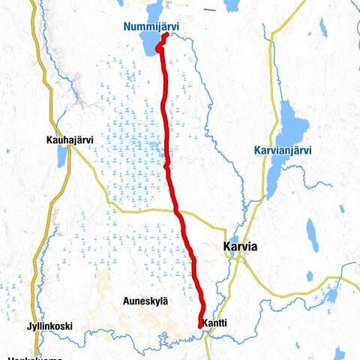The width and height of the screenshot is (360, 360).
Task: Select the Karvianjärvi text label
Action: tap(282, 151)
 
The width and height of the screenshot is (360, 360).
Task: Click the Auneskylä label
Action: tap(145, 301)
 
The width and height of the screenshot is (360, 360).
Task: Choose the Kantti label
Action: tap(214, 323)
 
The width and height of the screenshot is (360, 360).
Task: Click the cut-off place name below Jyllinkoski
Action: tap(34, 358)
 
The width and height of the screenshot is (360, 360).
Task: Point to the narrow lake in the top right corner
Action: tap(323, 28)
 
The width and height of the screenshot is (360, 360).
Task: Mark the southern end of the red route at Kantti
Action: tap(199, 325)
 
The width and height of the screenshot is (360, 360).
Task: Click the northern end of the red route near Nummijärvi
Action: tap(164, 35)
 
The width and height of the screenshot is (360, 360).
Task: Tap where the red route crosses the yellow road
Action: tap(178, 212)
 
